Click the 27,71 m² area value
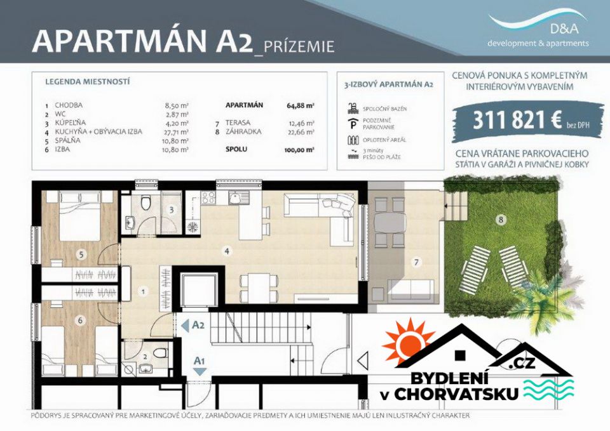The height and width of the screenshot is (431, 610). pyautogui.click(x=177, y=131)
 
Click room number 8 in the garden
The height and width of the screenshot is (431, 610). pyautogui.click(x=501, y=220)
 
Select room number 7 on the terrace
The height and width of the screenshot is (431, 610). pyautogui.click(x=416, y=261)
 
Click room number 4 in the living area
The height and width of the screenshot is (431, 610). pyautogui.click(x=226, y=251)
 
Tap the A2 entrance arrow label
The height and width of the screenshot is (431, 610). pyautogui.click(x=198, y=325)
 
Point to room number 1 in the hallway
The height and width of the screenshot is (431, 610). pyautogui.click(x=144, y=291)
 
